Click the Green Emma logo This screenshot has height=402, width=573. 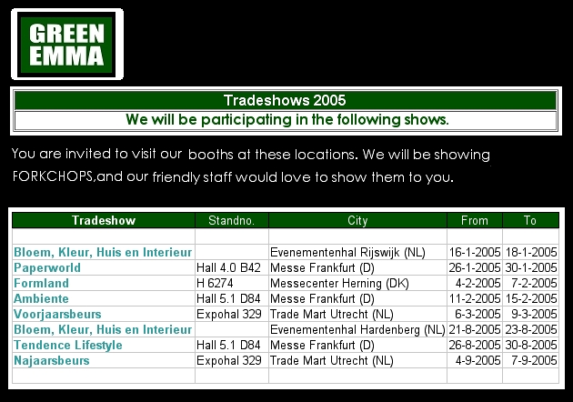(67, 45)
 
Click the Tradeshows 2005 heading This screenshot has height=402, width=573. (284, 100)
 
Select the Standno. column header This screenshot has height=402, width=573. (231, 220)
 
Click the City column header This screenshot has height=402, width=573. (357, 220)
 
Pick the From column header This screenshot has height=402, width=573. (474, 220)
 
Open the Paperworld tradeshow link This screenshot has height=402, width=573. (47, 267)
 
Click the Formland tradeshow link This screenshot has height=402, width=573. (41, 283)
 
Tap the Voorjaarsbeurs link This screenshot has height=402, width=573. (55, 314)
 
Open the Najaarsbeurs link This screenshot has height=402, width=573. (51, 360)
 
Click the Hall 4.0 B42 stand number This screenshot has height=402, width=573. (229, 267)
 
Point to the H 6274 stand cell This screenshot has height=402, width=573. (216, 283)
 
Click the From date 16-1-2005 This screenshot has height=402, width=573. (474, 252)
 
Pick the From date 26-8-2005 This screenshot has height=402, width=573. (474, 345)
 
